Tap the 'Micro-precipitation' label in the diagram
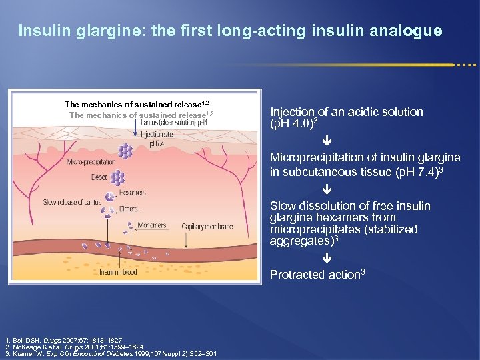91,162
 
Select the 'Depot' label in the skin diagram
99,177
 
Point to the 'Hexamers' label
133,193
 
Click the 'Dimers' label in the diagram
129,209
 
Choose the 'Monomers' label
152,226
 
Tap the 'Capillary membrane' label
207,227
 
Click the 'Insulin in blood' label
119,272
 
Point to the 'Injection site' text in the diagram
157,134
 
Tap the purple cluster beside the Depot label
118,178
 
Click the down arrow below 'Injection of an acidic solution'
327,142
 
